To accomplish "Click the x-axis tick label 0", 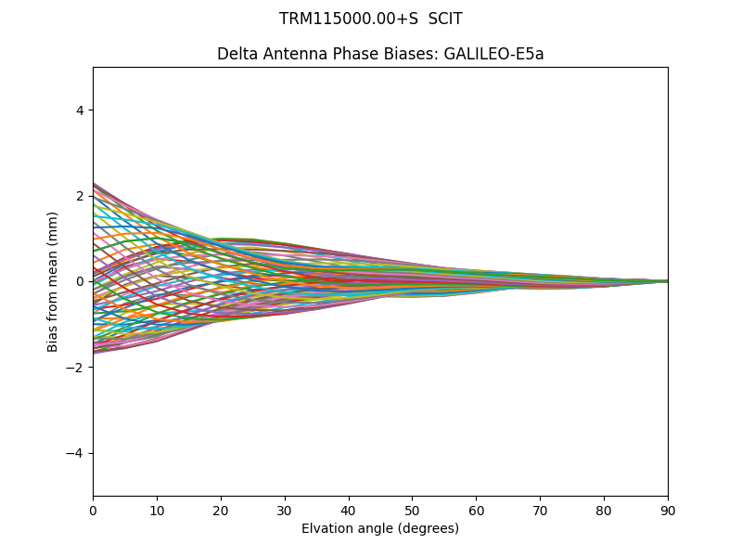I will [93, 510].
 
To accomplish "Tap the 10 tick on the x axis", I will [157, 510].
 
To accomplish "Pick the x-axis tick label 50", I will [412, 510].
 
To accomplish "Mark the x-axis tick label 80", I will [604, 510].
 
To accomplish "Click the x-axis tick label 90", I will [668, 510].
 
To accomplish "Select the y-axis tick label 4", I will [81, 110].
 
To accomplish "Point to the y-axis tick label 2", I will [81, 196].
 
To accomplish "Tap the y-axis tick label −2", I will [76, 368].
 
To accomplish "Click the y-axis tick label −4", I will [76, 453].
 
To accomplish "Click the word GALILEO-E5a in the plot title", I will [493, 54].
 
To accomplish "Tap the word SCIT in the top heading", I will [445, 19].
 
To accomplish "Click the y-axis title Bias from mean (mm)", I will [53, 281].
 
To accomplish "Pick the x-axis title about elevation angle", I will [380, 528].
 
